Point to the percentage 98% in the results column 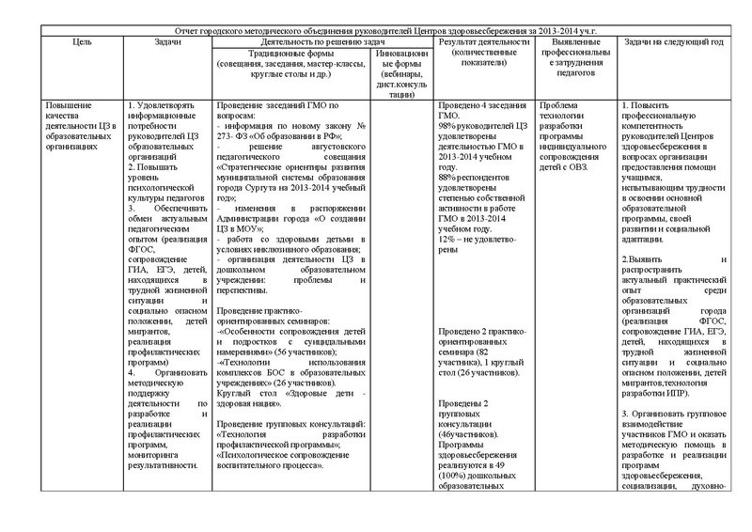point(449,126)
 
